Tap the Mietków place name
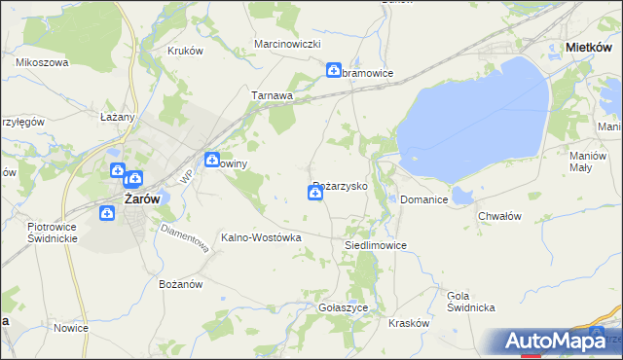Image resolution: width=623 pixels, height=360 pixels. pos(588,46)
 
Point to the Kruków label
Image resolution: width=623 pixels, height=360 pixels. pos(184,52)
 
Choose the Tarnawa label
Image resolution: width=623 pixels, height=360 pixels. pos(273,95)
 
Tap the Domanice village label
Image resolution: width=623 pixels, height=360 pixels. pos(424,199)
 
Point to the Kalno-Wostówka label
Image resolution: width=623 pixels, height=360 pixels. pos(262,237)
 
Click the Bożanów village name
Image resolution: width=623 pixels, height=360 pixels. pos(179,284)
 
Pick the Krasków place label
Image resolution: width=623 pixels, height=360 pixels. pos(409,322)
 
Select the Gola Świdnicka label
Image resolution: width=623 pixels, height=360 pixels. pos(471,301)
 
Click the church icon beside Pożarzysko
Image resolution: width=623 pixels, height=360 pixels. pos(315,195)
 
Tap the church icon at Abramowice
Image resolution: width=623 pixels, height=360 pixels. pos(334,71)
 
